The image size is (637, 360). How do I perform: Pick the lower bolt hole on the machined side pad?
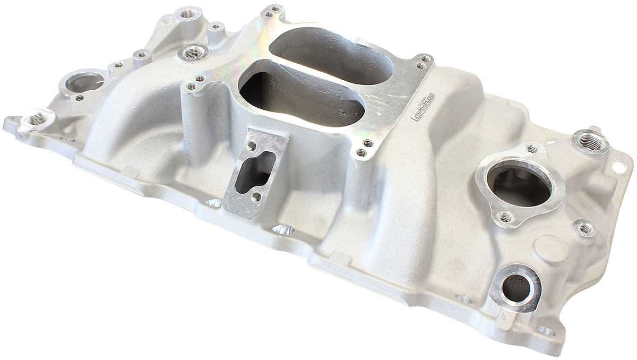click(x=256, y=197)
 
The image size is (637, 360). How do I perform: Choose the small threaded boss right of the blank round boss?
click(x=585, y=229)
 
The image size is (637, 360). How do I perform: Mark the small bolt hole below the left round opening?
click(x=80, y=98)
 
